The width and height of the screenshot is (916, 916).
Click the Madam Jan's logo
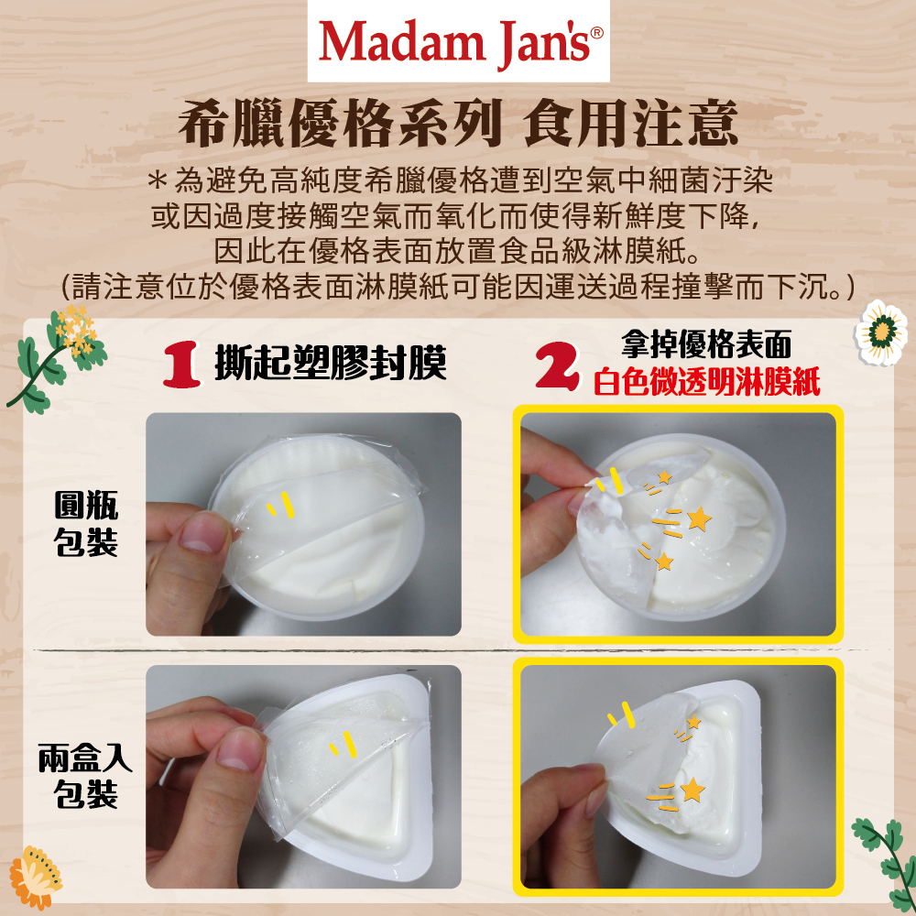[x=459, y=42]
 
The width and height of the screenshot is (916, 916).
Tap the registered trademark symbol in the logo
[x=596, y=32]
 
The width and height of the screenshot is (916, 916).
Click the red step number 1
[x=181, y=365]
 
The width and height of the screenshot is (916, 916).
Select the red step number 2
[x=557, y=366]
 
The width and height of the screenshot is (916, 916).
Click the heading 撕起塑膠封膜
[x=331, y=362]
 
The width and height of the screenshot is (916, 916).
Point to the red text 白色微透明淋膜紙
[x=707, y=382]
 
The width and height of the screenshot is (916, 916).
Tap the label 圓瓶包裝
[x=86, y=523]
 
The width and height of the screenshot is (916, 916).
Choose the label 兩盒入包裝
[x=85, y=776]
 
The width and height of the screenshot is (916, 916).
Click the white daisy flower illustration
[x=881, y=332]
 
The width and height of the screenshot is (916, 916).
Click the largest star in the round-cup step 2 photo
[x=699, y=518]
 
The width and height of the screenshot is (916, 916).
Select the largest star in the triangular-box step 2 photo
[x=692, y=790]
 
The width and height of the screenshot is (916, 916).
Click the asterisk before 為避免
[x=157, y=180]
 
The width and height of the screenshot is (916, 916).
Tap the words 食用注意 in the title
[x=631, y=124]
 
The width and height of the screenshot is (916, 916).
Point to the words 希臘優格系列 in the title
[x=340, y=124]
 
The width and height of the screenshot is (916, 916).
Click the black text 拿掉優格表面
[x=706, y=344]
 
